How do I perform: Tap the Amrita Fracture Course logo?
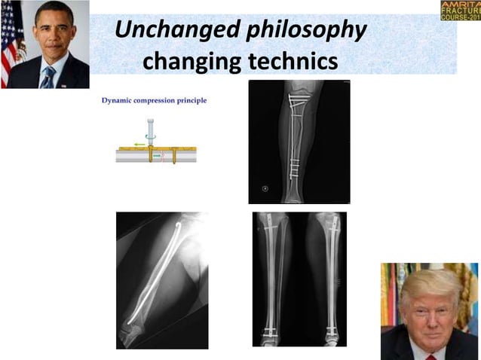[x=460, y=11]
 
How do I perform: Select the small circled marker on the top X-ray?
[x=265, y=188]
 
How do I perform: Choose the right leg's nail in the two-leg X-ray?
[x=329, y=279]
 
